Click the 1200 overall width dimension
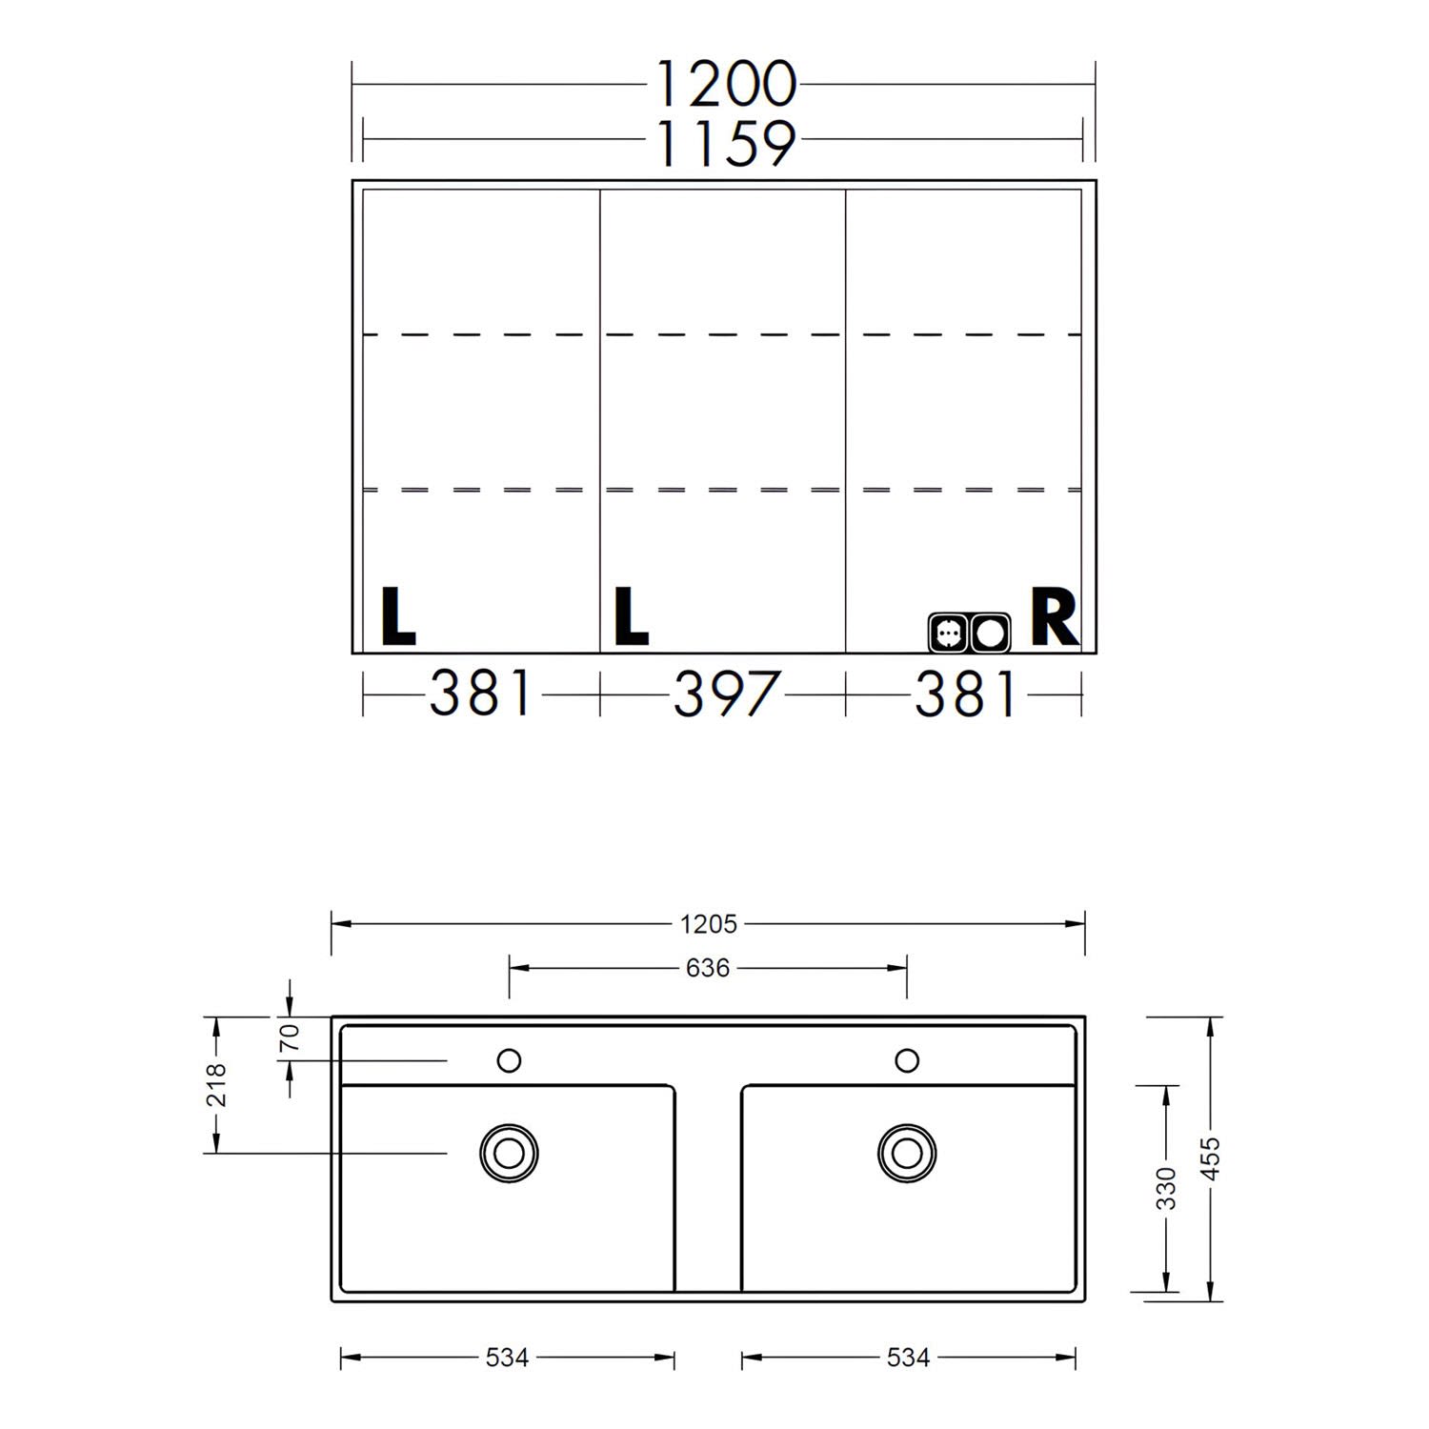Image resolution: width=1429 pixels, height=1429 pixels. tap(725, 84)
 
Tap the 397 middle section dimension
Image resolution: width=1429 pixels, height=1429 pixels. tap(726, 694)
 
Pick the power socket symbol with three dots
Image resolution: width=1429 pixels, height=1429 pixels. tap(949, 632)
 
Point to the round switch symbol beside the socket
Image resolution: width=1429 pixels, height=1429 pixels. tap(990, 632)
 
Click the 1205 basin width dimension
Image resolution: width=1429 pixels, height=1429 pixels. tap(709, 923)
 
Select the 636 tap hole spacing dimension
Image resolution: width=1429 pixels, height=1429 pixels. tap(708, 968)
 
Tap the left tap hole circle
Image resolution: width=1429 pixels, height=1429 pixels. tap(510, 1059)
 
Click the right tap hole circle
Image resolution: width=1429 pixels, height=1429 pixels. tap(907, 1059)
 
